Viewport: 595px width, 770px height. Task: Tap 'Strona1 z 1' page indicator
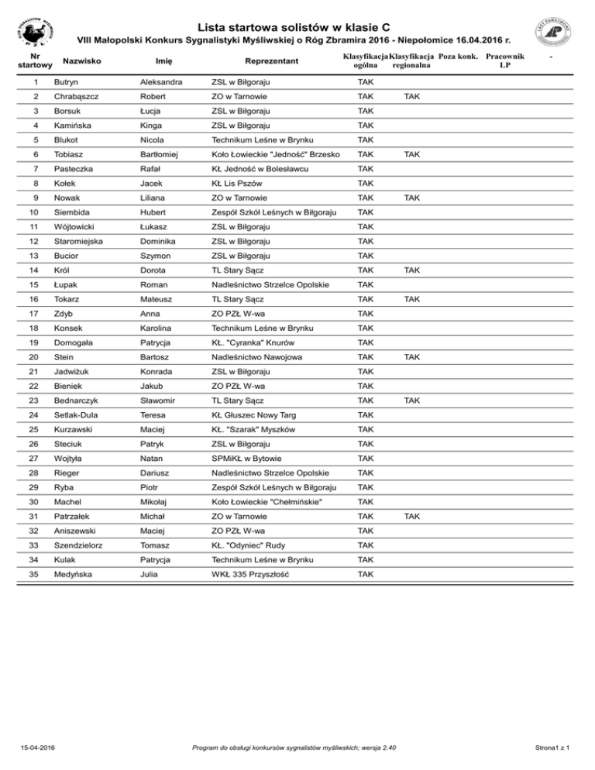tap(554, 747)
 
